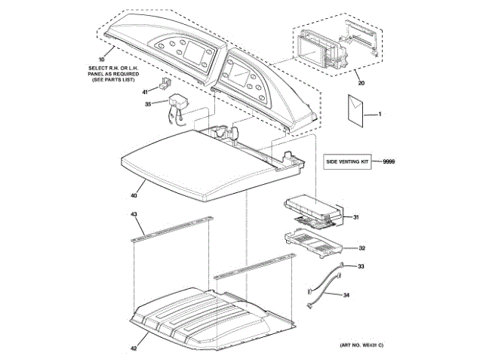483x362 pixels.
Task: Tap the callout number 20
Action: click(361, 82)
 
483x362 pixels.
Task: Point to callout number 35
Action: click(148, 104)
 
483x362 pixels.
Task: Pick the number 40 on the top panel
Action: click(134, 195)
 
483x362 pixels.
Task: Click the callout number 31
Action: click(355, 218)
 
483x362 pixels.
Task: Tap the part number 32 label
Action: click(361, 247)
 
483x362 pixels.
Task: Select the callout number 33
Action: click(361, 266)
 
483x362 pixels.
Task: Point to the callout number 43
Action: click(134, 215)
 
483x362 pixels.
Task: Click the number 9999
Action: click(389, 161)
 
